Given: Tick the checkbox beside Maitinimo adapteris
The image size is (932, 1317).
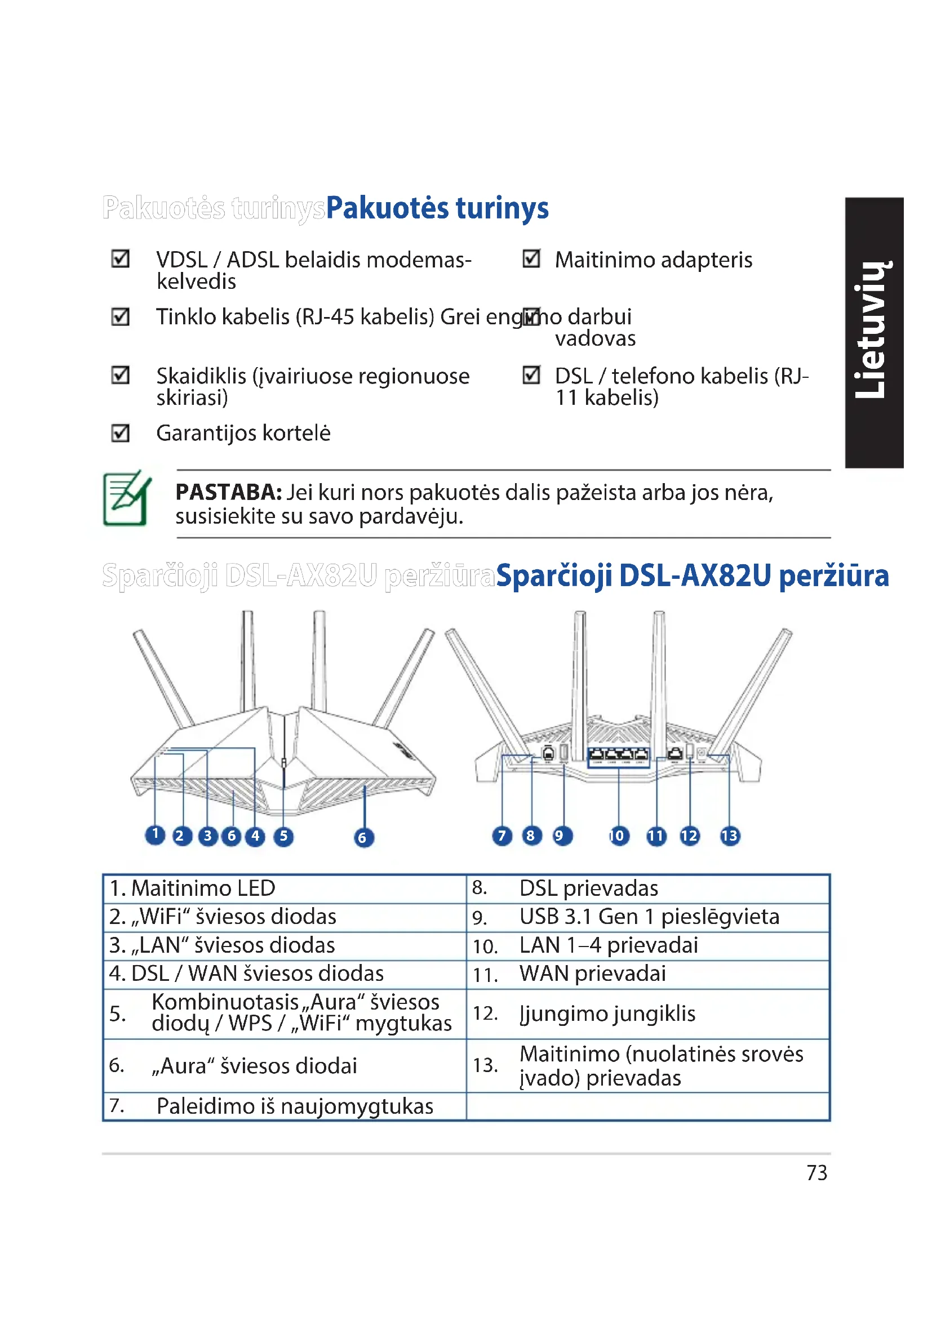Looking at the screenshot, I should coord(531,258).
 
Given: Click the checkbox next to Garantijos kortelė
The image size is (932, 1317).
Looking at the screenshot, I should coord(121,432).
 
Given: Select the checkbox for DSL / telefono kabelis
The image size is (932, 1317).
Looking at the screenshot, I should coord(531,375).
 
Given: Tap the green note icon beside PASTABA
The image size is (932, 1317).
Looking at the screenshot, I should coord(127,498).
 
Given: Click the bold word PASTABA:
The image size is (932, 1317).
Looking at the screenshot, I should coord(228,492).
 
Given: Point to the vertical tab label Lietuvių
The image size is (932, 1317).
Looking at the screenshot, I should coord(874,332).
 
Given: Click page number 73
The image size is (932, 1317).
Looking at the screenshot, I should coord(816,1173).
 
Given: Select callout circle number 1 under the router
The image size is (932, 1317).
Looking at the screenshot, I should coord(155,834).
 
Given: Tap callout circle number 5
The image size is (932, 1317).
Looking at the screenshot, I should coord(283,836).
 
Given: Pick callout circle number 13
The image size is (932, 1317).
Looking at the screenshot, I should coord(729,836).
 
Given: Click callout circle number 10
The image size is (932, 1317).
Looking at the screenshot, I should coord(619,836).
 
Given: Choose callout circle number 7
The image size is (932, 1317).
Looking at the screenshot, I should coord(502,836).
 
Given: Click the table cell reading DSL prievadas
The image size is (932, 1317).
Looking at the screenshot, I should coord(588,889).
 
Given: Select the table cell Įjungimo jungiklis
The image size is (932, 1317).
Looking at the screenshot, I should coord(607,1014).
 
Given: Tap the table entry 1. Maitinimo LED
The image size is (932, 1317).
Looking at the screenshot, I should coord(193,889).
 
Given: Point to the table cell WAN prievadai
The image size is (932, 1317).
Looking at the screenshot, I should coord(592,974).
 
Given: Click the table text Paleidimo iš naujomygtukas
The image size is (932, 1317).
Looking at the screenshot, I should coord(294,1106).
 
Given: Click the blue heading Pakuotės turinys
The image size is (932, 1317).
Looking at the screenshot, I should coord(437,208).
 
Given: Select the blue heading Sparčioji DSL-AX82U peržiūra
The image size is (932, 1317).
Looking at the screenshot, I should coord(692,576).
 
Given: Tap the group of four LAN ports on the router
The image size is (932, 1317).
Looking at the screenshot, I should coord(619,755).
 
